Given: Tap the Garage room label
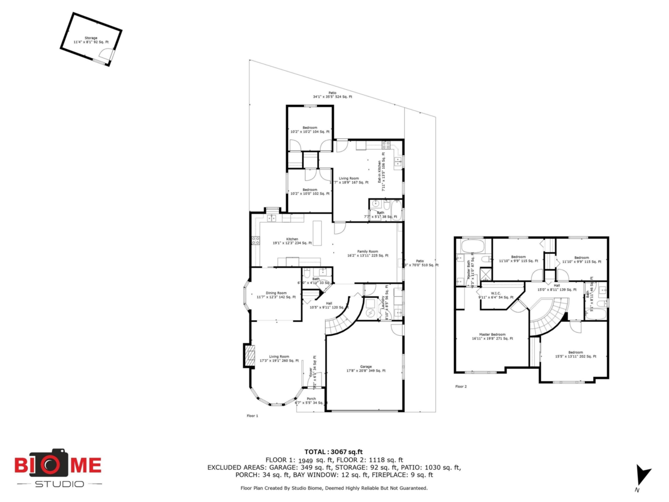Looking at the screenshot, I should coord(366,369).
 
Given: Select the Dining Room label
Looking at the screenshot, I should coord(276,295).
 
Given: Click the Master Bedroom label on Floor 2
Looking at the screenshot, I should coord(492,336).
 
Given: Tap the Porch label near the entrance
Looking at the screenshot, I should coord(311,400).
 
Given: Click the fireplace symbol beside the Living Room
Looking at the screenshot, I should coord(249,356).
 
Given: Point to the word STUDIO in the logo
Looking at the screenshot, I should coord(60,484).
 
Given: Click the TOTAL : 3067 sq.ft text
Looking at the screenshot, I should coord(333,452).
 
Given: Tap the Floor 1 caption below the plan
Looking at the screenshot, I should coord(253,416).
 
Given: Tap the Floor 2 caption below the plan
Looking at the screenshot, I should coord(460,387).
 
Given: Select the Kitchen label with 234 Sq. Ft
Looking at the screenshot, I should coord(293,241).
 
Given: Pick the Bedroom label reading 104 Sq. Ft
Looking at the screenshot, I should coord(310,129).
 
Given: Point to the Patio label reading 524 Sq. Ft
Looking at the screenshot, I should coord(332,95).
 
